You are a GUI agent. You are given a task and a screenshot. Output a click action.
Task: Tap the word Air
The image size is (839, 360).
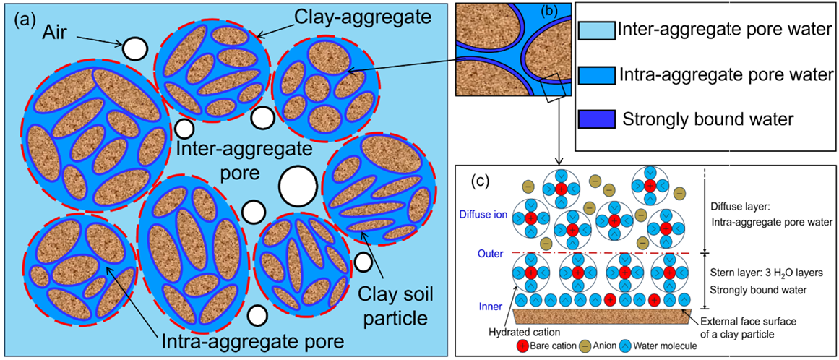tap(73, 33)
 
